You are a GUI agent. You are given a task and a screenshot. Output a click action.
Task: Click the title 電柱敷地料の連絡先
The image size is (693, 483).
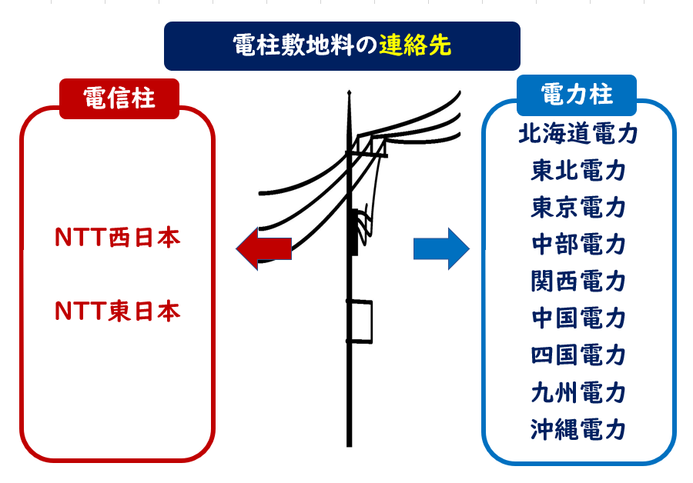(x=342, y=46)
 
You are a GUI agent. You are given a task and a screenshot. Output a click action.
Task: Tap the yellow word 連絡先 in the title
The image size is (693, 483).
(x=415, y=46)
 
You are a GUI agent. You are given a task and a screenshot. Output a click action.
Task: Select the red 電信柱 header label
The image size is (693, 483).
(x=119, y=98)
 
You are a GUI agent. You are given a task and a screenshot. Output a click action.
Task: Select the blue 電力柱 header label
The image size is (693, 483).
(x=577, y=95)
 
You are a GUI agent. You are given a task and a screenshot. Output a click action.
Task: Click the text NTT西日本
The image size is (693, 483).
(x=118, y=238)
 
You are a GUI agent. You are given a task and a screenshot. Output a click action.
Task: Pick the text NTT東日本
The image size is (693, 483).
(x=118, y=311)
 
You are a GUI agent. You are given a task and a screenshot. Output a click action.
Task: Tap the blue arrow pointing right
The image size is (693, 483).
(x=441, y=248)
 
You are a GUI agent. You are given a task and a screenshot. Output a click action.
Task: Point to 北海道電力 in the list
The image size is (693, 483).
(x=578, y=135)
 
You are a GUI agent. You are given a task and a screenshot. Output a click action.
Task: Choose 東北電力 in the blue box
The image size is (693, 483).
(x=578, y=171)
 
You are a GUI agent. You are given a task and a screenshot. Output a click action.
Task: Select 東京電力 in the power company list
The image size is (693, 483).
(x=578, y=208)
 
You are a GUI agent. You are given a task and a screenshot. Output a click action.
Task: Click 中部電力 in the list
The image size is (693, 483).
(x=578, y=245)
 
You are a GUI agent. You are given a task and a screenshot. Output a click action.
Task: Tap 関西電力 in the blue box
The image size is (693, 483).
(x=578, y=281)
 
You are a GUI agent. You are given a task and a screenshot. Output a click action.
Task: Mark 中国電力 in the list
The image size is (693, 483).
(x=578, y=318)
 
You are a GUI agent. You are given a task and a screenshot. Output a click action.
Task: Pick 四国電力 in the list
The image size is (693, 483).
(x=578, y=355)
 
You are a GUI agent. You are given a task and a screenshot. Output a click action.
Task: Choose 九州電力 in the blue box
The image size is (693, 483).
(x=578, y=393)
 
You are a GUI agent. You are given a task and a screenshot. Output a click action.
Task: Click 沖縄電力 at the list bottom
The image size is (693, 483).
(x=578, y=429)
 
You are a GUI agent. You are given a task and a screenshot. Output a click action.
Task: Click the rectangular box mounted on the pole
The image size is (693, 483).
(x=360, y=320)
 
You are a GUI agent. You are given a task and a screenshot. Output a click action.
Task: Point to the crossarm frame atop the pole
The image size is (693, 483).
(x=370, y=146)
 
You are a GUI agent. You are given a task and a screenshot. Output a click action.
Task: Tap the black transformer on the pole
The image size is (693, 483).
(x=355, y=231)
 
